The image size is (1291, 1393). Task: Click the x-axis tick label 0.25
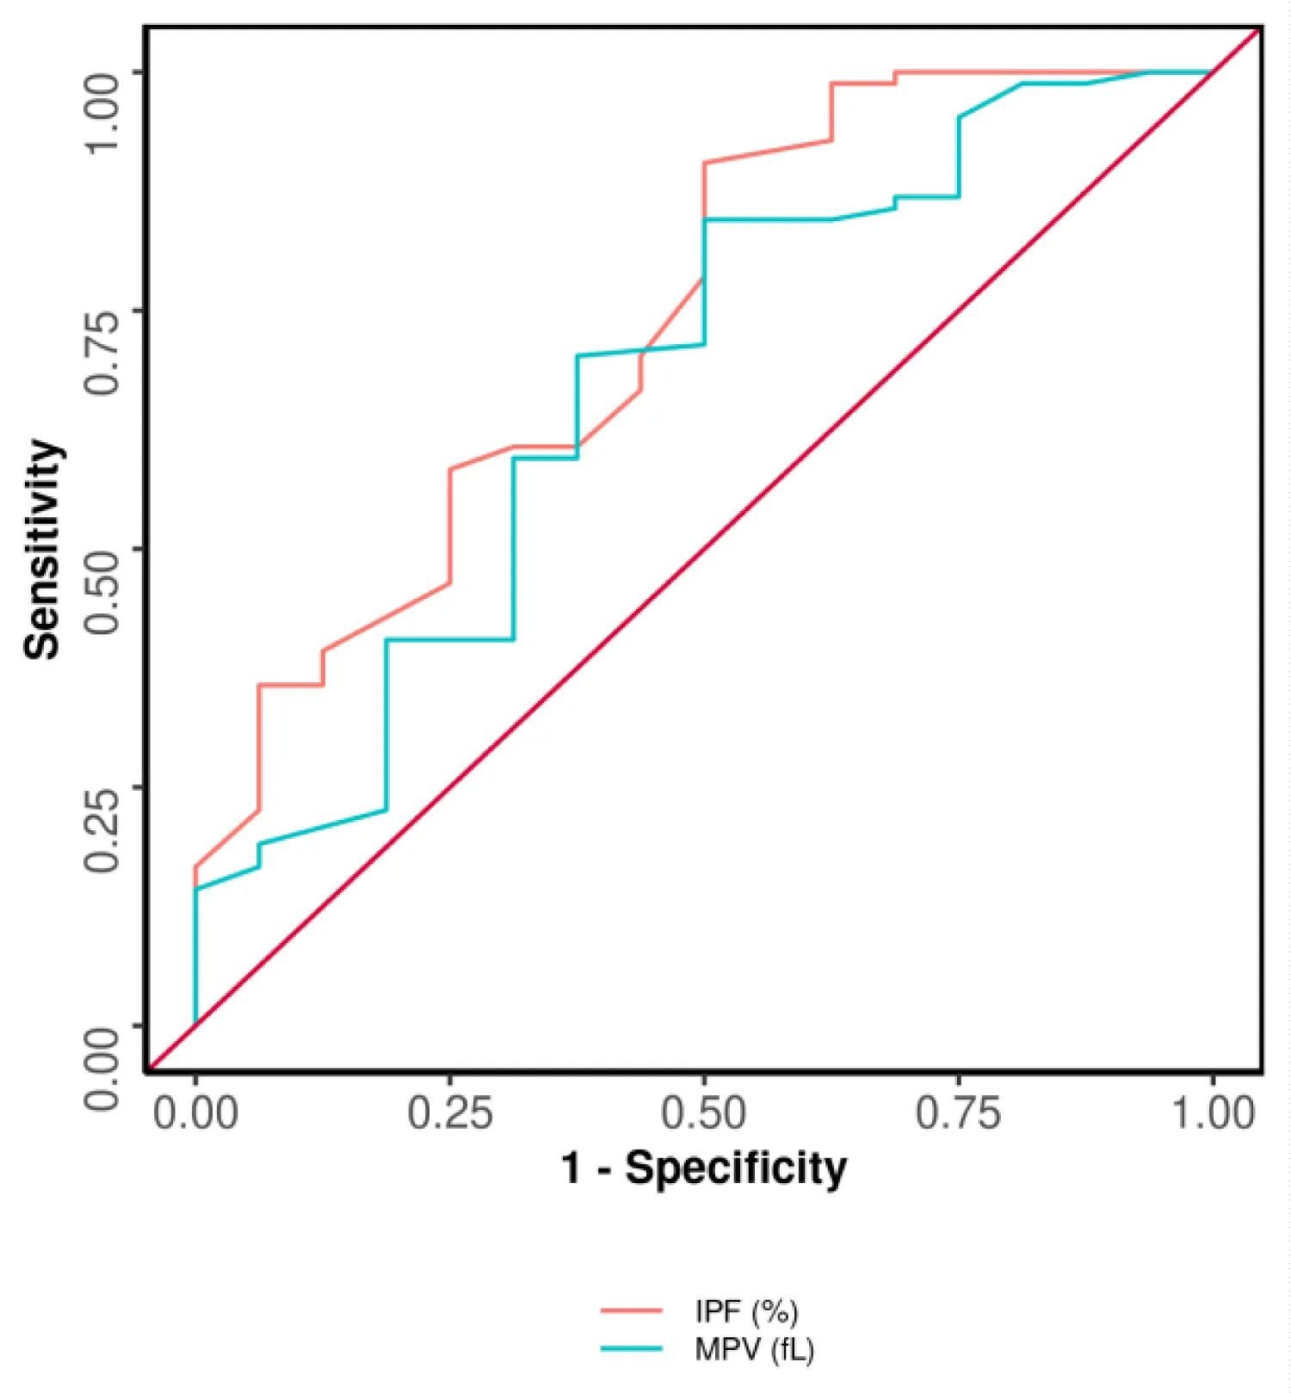(449, 1113)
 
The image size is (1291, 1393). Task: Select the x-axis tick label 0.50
(703, 1113)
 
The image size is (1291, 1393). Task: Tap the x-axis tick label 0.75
(957, 1113)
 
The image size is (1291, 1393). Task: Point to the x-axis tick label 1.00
(1214, 1113)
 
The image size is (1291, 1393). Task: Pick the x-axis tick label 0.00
(195, 1113)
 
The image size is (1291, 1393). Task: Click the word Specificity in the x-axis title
(736, 1169)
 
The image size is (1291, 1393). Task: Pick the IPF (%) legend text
(746, 1311)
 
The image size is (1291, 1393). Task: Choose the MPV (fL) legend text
(754, 1349)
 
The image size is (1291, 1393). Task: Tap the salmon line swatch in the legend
(631, 1311)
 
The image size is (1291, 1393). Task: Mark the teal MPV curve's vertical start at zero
(195, 955)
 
